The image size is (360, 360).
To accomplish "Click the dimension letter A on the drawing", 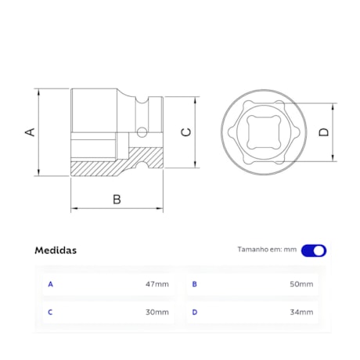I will point(31,132).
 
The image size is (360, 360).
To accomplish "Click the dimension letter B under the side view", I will point(117,199).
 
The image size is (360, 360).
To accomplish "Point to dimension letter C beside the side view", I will point(186,131).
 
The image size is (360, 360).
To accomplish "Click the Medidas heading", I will point(56,250).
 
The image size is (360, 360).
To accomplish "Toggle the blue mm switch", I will point(314,250).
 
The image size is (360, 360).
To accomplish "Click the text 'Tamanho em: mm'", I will point(267,250).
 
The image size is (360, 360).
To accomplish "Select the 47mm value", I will point(157,284).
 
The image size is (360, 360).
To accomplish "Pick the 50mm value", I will point(301,284).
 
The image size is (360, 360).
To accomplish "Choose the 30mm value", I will point(157,312).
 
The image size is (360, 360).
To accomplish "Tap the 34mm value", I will point(301,312).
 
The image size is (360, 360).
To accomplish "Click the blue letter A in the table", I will point(51,284).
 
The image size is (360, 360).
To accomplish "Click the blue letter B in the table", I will point(195,284).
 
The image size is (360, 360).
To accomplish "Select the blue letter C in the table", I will point(51,312).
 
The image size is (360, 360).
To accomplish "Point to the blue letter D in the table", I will point(195,312).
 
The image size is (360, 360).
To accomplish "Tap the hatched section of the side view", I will point(98,167).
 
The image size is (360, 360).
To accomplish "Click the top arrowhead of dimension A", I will point(38,91).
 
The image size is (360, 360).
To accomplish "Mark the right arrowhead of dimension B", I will point(160,209).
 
